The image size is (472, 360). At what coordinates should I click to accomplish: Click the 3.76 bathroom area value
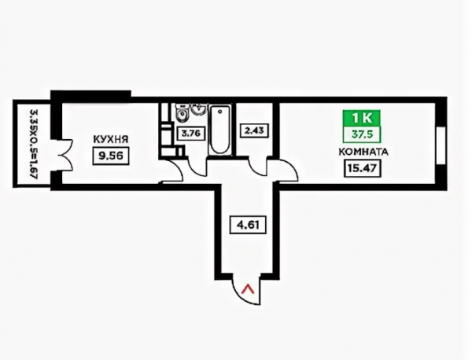[x=192, y=132]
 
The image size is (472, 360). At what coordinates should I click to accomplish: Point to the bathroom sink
[x=197, y=111]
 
